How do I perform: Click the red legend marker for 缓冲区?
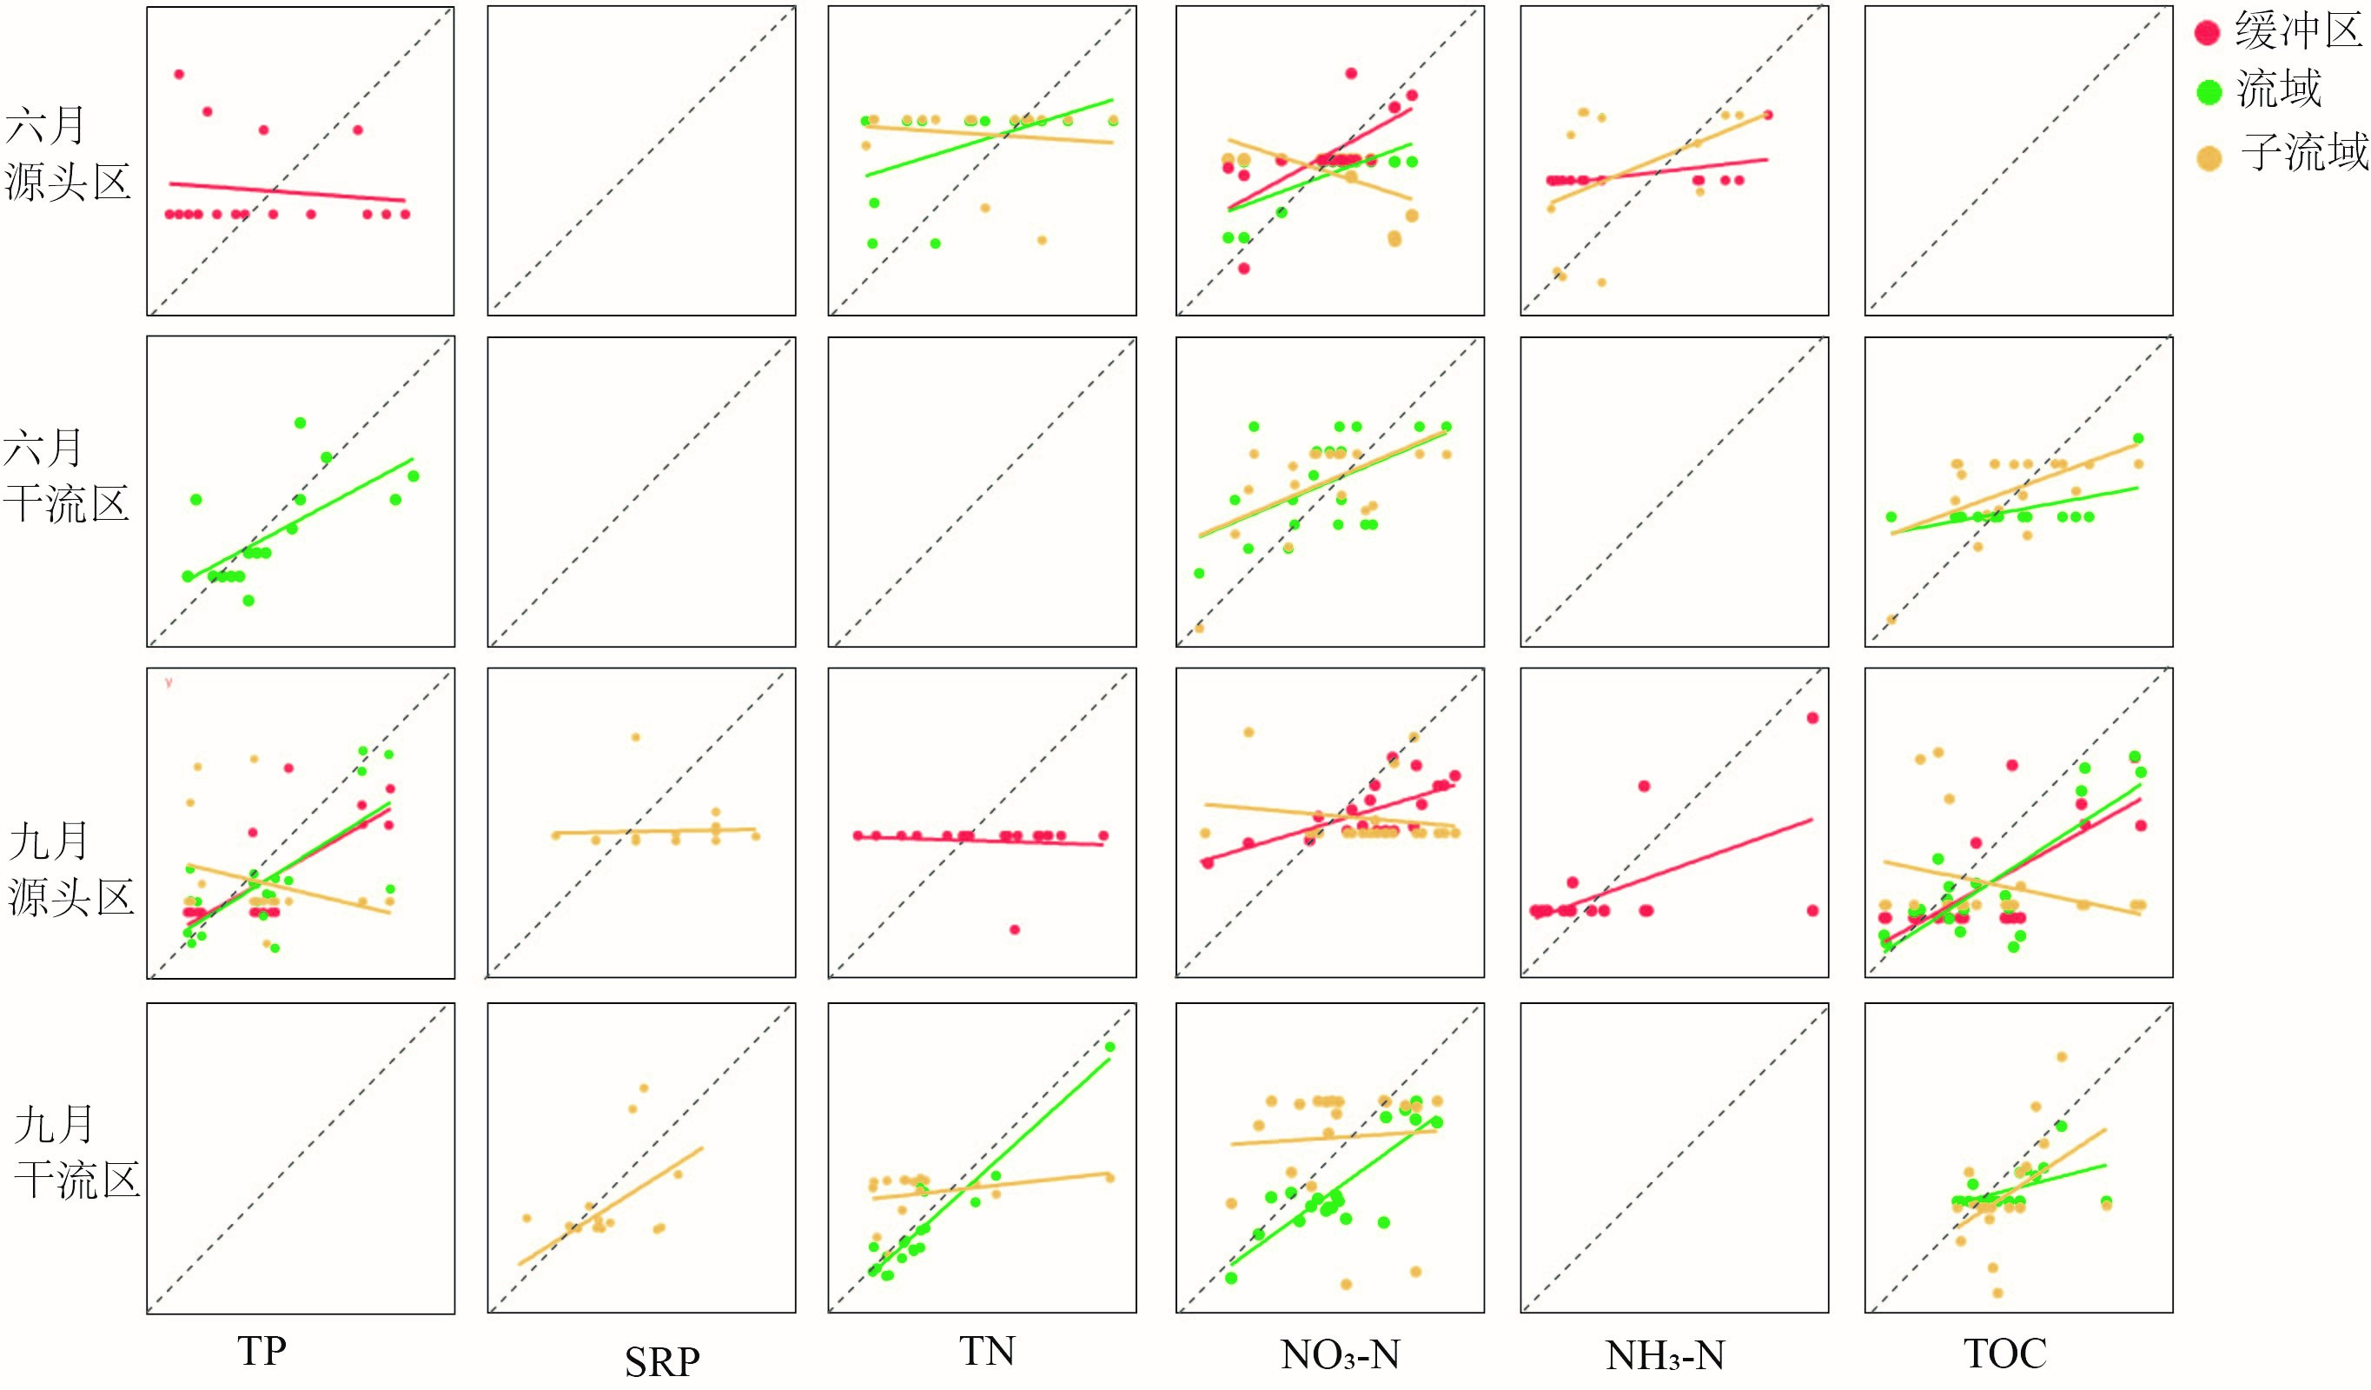click(2208, 33)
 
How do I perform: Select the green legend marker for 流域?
click(2209, 92)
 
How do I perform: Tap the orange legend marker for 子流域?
click(2209, 158)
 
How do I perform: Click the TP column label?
click(262, 1351)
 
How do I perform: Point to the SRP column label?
click(662, 1360)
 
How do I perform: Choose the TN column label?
click(987, 1351)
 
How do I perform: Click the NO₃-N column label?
click(1340, 1354)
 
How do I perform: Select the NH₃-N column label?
click(1666, 1354)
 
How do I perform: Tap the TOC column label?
click(2005, 1353)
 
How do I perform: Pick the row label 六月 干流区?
click(66, 476)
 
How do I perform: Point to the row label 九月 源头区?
click(70, 868)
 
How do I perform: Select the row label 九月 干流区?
click(76, 1151)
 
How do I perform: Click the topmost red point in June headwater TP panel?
click(179, 73)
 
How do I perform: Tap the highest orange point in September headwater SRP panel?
click(635, 737)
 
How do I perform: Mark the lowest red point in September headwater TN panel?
click(1014, 929)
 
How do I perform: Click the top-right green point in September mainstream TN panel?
click(1109, 1047)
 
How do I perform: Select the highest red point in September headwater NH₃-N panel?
click(1812, 718)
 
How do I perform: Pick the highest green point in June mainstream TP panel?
click(300, 422)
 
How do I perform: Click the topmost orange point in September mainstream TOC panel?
click(2062, 1056)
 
